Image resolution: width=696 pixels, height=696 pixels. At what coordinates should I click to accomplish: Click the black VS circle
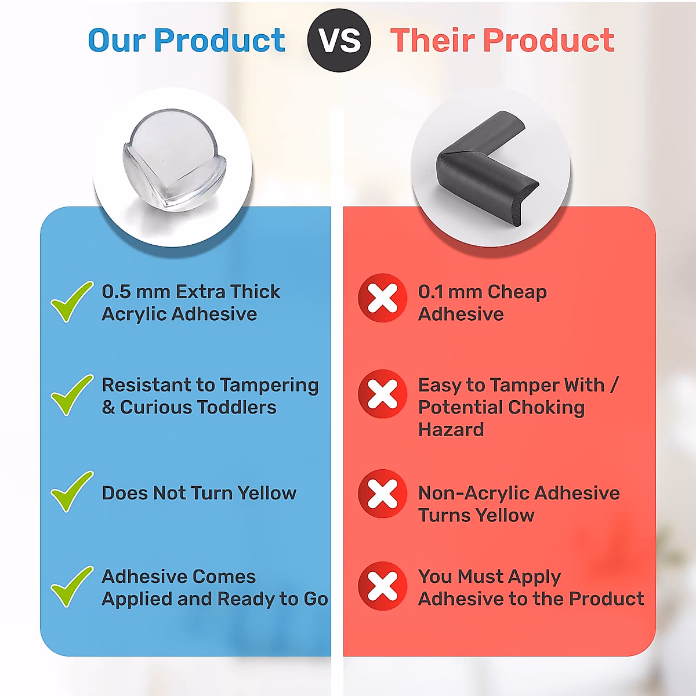[339, 40]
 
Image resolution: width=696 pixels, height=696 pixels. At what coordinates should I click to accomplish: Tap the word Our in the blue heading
[117, 40]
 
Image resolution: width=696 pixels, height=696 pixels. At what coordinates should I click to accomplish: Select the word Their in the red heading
[433, 40]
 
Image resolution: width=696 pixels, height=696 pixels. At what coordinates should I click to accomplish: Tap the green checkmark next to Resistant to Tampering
[72, 395]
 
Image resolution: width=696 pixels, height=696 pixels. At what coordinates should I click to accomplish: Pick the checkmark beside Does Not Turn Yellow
[72, 492]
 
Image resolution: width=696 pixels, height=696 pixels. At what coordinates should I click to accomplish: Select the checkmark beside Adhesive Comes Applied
[72, 587]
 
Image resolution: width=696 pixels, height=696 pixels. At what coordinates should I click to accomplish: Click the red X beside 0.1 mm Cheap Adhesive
[382, 298]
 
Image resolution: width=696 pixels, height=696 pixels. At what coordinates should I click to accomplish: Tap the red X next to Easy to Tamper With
[382, 394]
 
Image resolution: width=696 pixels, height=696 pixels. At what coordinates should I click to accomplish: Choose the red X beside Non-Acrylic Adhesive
[382, 494]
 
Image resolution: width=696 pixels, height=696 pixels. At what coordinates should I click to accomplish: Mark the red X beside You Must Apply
[382, 586]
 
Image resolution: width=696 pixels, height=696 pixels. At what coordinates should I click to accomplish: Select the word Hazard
[451, 430]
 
